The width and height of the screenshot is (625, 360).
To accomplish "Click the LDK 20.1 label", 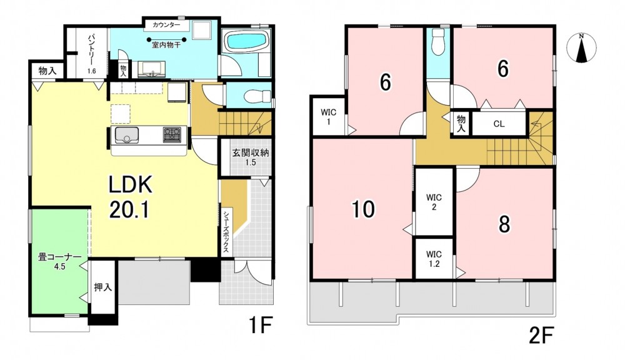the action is pos(130,197).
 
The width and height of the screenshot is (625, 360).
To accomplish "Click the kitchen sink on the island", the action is pos(127,135).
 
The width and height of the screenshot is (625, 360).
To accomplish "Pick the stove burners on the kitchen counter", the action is pos(172,135).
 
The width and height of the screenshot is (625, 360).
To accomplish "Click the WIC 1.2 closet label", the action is pos(434,259).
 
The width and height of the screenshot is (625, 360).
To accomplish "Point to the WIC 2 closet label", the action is pos(434,202).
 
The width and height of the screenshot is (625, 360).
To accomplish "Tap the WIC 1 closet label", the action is pos(329,117).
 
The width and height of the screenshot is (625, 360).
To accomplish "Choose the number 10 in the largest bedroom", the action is pos(362,209).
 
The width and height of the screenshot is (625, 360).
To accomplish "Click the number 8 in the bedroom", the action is pos(504,224).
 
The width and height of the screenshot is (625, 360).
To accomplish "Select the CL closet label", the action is pos(499,124).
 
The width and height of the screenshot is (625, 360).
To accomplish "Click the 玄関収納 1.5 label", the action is pos(251,157).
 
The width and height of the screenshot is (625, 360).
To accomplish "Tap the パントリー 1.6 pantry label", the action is pos(92,53).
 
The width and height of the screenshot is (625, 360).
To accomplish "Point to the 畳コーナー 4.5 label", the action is pos(60,261).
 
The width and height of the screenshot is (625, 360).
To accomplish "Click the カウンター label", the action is pos(166,25).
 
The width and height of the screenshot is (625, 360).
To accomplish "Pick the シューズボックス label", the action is pos(226,231).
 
